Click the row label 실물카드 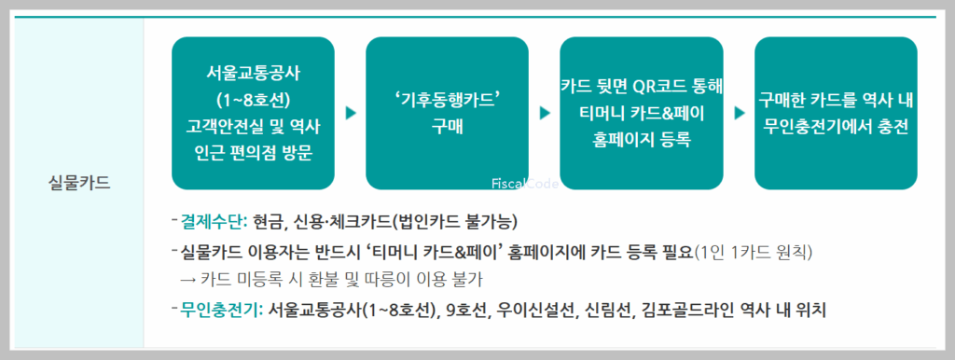pos(79,182)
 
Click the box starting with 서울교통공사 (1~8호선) pos(253,112)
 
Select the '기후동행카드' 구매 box pos(448,112)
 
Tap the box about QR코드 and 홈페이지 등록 pos(642,112)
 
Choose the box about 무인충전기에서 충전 pos(836,112)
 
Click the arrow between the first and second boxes pos(351,113)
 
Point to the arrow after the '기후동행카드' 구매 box pos(545,113)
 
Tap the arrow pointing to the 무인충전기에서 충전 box pos(739,113)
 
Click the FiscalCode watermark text pos(525,185)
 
